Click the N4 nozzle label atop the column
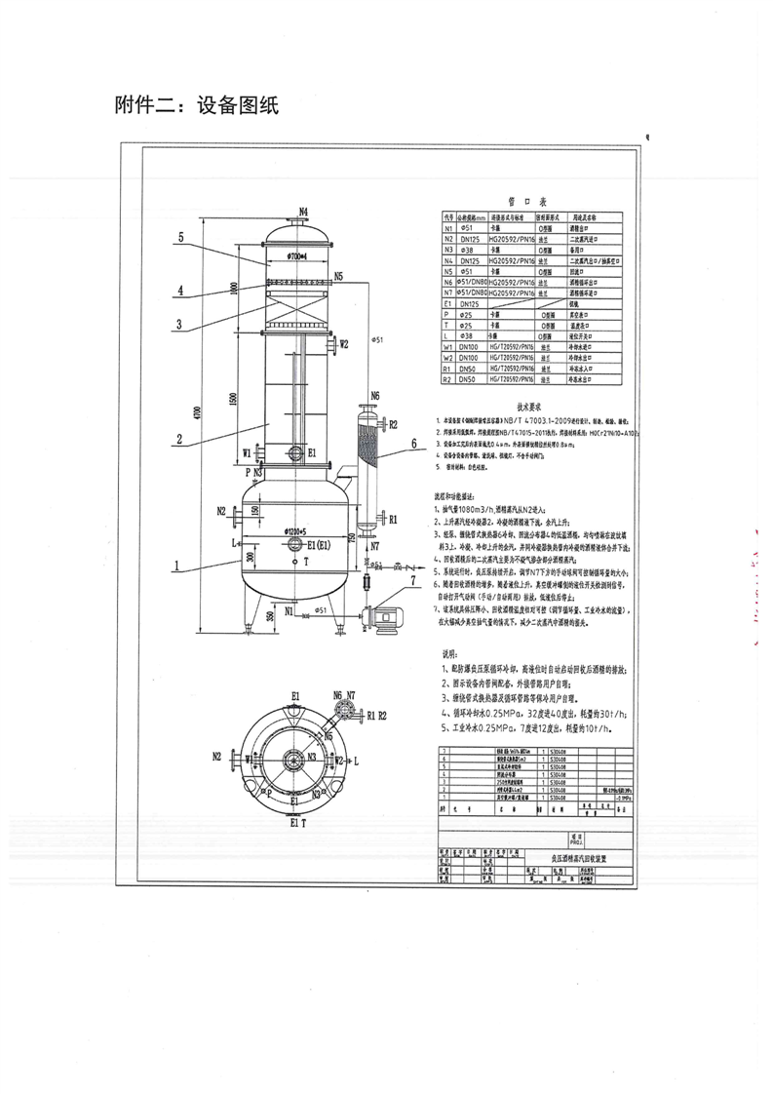[x=303, y=212]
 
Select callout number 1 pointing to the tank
[x=175, y=565]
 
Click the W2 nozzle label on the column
[x=343, y=344]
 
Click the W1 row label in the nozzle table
[x=448, y=346]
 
